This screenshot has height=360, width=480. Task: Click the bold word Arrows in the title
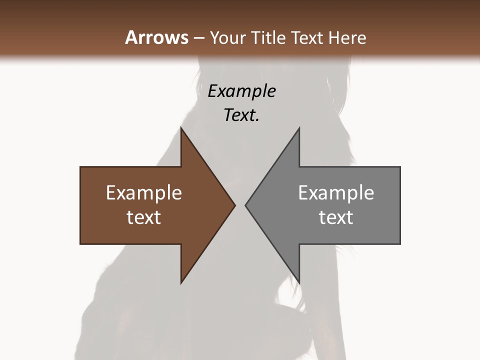pos(156,37)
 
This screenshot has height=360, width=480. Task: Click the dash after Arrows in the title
pos(198,38)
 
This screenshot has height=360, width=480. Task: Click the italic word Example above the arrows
pos(241,91)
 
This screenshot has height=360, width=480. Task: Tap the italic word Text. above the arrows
pos(241,115)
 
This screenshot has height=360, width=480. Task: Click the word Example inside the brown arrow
pos(144,193)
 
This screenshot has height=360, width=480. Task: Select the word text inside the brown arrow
pos(144,217)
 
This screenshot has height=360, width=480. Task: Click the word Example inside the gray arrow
pos(336,193)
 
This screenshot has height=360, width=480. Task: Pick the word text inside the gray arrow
pos(336,217)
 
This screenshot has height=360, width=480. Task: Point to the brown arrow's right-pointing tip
pos(234,205)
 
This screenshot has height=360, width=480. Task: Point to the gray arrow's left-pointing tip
pos(245,205)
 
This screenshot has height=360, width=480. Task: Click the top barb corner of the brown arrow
pos(181,128)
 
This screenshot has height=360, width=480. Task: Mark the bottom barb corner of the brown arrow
pos(181,282)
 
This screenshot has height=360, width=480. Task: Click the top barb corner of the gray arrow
pos(299,128)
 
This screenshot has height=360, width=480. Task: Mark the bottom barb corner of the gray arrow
pos(299,282)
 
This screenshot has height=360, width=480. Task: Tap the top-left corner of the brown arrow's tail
pos(80,167)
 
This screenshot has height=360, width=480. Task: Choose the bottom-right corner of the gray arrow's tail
pos(400,244)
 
